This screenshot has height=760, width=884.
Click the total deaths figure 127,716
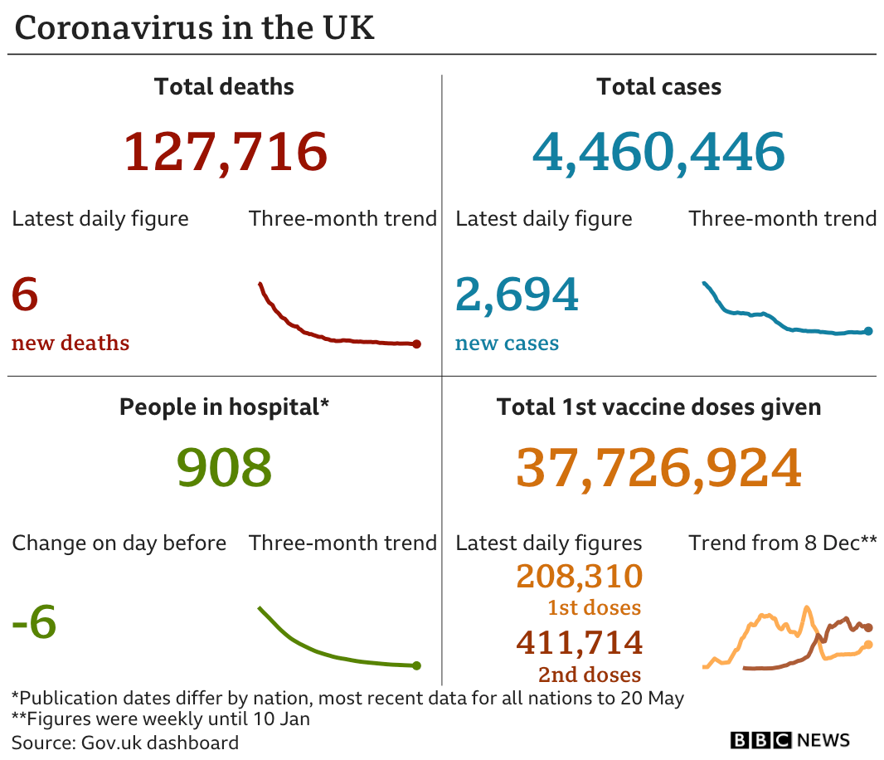pyautogui.click(x=226, y=152)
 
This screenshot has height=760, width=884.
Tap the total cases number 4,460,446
pyautogui.click(x=658, y=152)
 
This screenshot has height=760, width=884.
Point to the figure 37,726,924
pyautogui.click(x=658, y=468)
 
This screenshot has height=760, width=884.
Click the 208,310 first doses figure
pyautogui.click(x=579, y=576)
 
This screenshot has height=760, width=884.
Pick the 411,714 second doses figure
pyautogui.click(x=579, y=642)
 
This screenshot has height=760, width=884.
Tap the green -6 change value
pyautogui.click(x=34, y=622)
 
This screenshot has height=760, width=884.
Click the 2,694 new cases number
pyautogui.click(x=517, y=295)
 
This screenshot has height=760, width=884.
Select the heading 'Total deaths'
pyautogui.click(x=224, y=86)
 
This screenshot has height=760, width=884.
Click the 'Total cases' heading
pyautogui.click(x=658, y=86)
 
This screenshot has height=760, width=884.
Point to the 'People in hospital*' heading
pyautogui.click(x=224, y=407)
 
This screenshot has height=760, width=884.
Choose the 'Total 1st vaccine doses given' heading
pyautogui.click(x=658, y=407)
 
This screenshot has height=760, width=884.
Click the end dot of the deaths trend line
pyautogui.click(x=416, y=343)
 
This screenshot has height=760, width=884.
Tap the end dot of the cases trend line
pyautogui.click(x=868, y=331)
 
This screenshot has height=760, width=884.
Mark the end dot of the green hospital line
pyautogui.click(x=416, y=665)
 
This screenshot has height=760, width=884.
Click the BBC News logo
pyautogui.click(x=789, y=740)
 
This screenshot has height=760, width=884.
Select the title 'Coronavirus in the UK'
pyautogui.click(x=195, y=27)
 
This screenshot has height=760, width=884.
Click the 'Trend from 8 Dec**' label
pyautogui.click(x=782, y=543)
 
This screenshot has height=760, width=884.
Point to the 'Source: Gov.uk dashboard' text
pyautogui.click(x=125, y=742)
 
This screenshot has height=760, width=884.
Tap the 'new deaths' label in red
pyautogui.click(x=70, y=343)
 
